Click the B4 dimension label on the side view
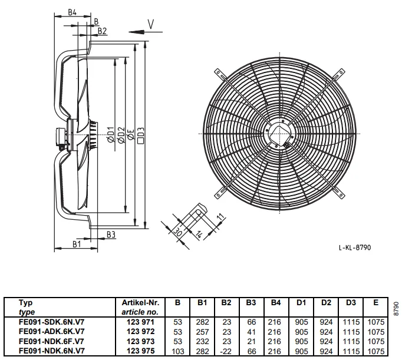[x=72, y=12]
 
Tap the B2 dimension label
[x=102, y=31]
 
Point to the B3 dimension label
[x=111, y=235]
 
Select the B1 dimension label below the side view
[x=77, y=244]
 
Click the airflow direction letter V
[x=151, y=24]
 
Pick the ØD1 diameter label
[x=110, y=134]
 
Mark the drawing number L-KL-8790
[x=355, y=247]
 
